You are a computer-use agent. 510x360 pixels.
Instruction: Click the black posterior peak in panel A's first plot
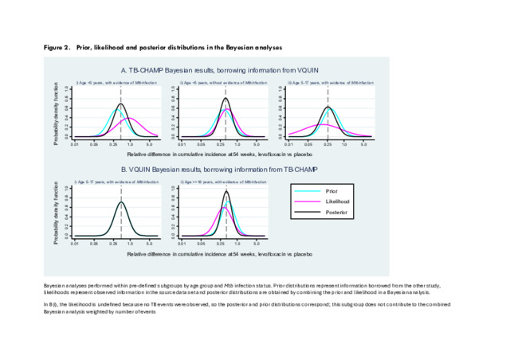120,104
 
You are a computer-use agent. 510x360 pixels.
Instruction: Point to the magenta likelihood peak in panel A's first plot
127,119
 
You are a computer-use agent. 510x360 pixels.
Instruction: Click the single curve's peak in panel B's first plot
120,202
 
